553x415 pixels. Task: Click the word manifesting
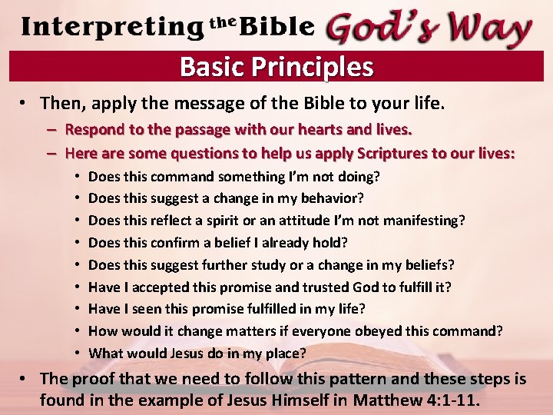click(x=425, y=221)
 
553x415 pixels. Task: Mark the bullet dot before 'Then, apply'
click(x=27, y=103)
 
